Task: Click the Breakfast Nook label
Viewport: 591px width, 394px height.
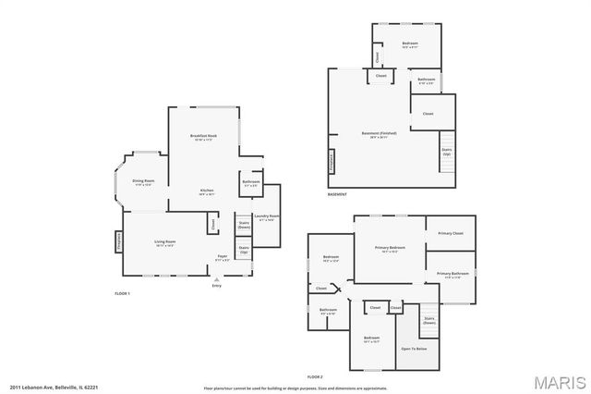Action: pos(203,136)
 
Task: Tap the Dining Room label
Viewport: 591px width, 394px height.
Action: pos(143,180)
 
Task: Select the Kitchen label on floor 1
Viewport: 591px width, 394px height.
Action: pos(207,191)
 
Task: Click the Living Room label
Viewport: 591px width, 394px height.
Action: pos(165,241)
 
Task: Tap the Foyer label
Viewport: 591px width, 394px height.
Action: pos(222,256)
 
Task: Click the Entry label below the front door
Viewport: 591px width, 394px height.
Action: pos(217,286)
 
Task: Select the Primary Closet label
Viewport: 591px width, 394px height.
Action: pos(451,233)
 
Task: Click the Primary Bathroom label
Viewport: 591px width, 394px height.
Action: pos(452,273)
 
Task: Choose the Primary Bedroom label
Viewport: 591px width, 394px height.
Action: pos(391,248)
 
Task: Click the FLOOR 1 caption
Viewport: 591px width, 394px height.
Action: pos(122,293)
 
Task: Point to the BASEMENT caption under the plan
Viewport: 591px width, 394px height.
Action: pos(337,194)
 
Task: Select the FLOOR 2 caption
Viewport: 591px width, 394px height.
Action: pos(315,376)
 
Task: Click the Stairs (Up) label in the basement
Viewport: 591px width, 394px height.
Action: pos(446,150)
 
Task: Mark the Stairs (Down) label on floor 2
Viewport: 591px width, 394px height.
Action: pos(429,320)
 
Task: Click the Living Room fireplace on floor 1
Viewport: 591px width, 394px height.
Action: pos(119,240)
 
